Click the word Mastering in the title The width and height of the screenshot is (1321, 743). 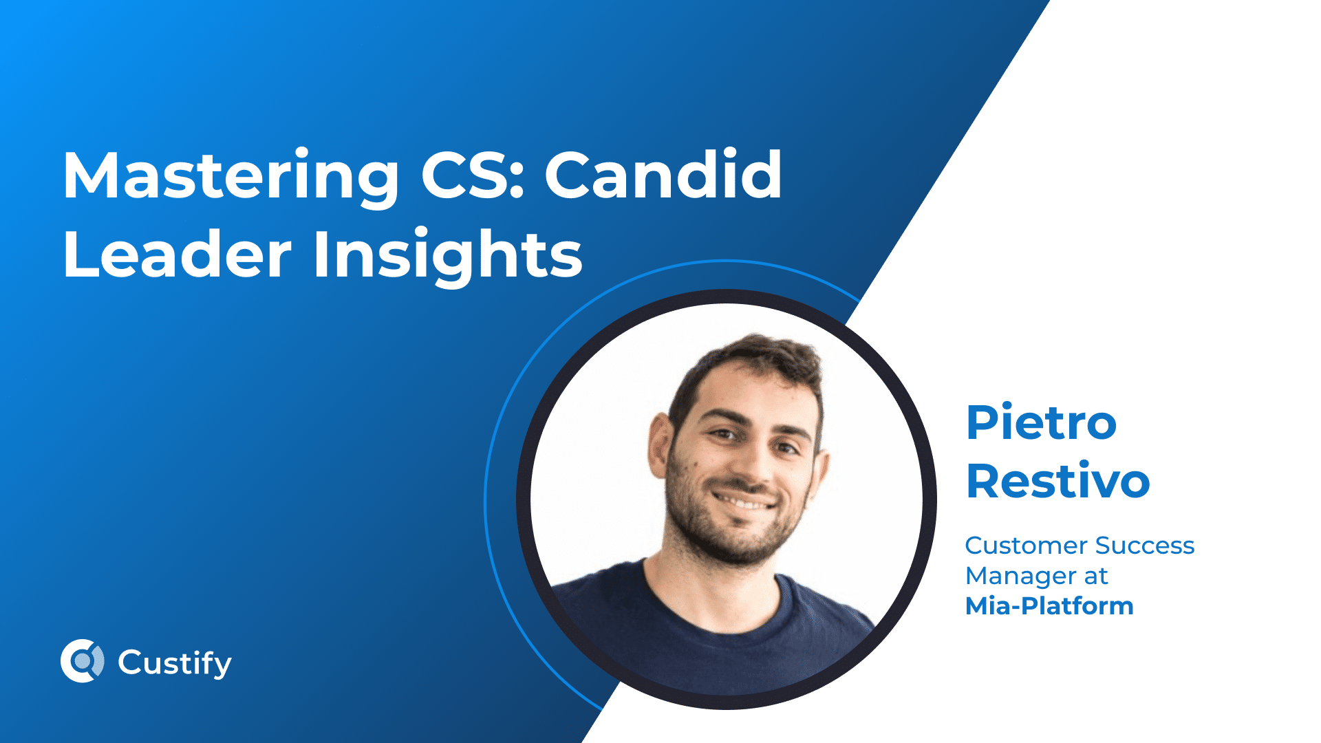point(230,176)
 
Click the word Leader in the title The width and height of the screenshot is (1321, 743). point(177,255)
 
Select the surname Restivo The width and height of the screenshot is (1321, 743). point(1057,481)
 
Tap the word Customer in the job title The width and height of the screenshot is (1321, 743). point(1026,546)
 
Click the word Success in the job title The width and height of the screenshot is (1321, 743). point(1145,546)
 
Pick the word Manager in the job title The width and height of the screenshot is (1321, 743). point(1020,576)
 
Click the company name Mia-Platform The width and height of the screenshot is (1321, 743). point(1049,606)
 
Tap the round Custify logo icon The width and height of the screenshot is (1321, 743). point(83,661)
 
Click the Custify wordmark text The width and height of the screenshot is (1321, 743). point(175,663)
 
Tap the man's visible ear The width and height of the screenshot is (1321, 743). point(660,445)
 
